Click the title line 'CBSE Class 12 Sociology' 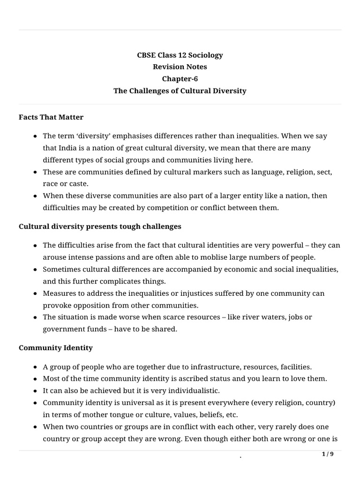coord(180,55)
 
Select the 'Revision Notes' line coord(180,67)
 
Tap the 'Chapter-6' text coord(180,79)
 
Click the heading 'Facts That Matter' coord(51,117)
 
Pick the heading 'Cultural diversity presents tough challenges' coord(100,226)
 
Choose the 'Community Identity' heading coord(56,348)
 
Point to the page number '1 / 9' coord(328,454)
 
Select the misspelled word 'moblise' coord(202,257)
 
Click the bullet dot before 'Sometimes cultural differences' coord(36,270)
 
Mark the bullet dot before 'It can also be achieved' coord(36,390)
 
